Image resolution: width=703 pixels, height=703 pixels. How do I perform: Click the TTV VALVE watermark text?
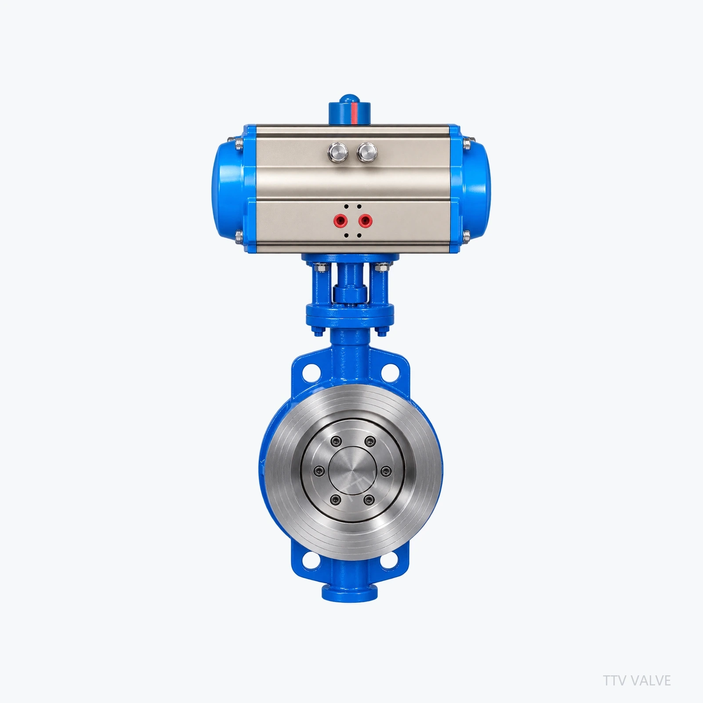[x=637, y=680]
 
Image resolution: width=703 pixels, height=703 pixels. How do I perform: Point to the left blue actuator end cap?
[x=231, y=189]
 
